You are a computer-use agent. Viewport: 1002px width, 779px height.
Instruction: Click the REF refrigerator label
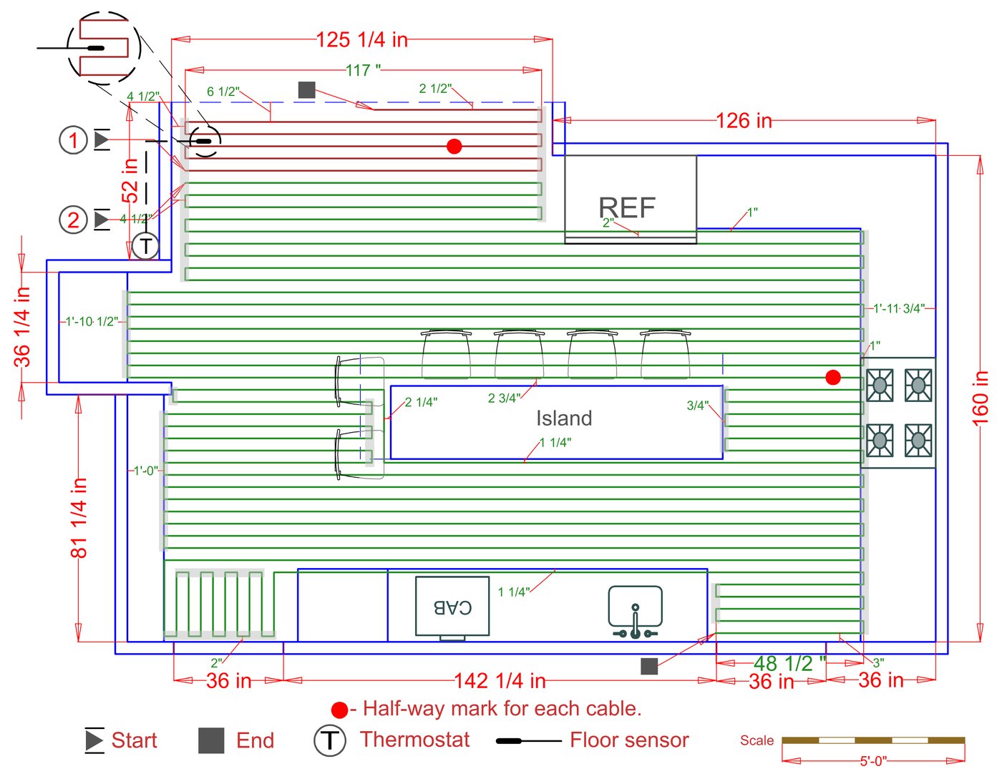tap(627, 207)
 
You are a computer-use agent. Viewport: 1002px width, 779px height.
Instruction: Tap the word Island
tap(564, 418)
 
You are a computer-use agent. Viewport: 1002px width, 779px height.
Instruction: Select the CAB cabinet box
tap(452, 607)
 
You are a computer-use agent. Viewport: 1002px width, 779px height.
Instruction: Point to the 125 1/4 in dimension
tap(362, 40)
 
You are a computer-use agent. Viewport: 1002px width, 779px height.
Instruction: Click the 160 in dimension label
tap(981, 398)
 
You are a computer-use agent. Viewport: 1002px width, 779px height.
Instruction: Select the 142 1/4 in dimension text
tap(500, 680)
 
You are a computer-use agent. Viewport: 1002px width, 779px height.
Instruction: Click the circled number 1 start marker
tap(73, 140)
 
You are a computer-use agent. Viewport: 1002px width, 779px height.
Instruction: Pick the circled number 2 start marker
tap(73, 220)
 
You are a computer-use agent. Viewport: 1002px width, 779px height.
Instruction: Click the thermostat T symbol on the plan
tap(146, 246)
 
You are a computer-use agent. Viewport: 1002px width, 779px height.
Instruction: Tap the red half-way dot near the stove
tap(833, 377)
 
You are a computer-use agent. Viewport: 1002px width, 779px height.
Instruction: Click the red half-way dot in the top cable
tap(454, 146)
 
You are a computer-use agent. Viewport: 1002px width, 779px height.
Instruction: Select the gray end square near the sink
tap(649, 666)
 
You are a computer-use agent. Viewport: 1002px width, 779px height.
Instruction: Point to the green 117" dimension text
tap(363, 70)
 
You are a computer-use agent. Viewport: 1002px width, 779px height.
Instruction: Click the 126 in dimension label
tap(744, 121)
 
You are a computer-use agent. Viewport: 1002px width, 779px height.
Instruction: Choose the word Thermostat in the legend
tap(414, 740)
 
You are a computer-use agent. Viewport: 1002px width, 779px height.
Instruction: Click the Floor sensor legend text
tap(629, 740)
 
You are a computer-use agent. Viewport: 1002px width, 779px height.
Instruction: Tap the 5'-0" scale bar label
tap(873, 761)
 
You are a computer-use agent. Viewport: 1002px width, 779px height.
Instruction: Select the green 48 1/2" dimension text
tap(789, 664)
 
